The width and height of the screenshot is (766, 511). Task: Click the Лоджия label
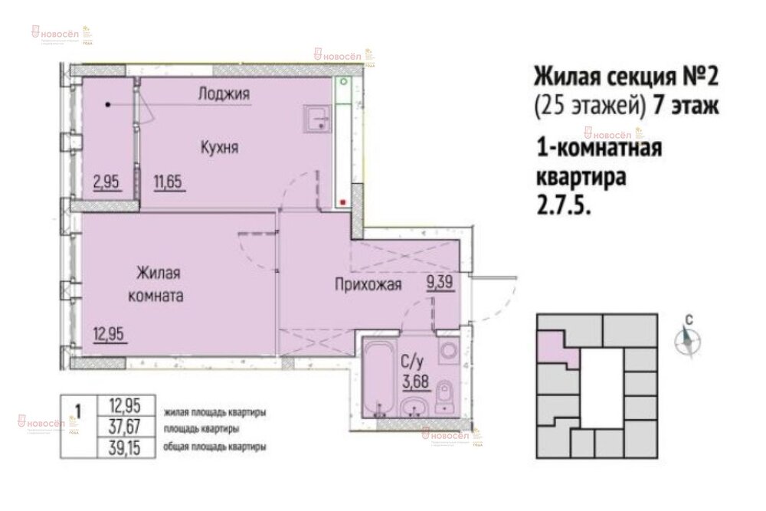click(x=224, y=94)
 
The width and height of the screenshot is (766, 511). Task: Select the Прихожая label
click(x=368, y=287)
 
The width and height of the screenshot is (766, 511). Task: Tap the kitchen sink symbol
click(x=316, y=120)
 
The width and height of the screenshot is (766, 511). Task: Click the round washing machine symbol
click(x=447, y=352)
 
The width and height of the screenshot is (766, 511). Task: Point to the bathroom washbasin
click(x=415, y=406)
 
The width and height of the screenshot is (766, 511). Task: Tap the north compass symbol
click(x=688, y=339)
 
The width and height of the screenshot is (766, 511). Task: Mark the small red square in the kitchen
click(x=342, y=202)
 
